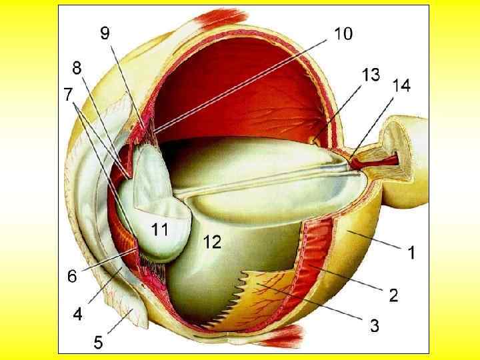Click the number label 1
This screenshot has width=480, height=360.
(412, 253)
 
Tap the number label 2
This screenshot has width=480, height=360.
(393, 294)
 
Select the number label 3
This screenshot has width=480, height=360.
(375, 326)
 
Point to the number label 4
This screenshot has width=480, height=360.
(78, 313)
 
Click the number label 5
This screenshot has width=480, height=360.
(97, 343)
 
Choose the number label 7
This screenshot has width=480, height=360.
(69, 95)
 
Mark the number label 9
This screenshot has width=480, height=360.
(105, 33)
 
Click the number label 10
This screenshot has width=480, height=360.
(343, 33)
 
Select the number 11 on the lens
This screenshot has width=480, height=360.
(159, 231)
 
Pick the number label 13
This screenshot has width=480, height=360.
(371, 75)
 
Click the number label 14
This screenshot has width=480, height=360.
(401, 86)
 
